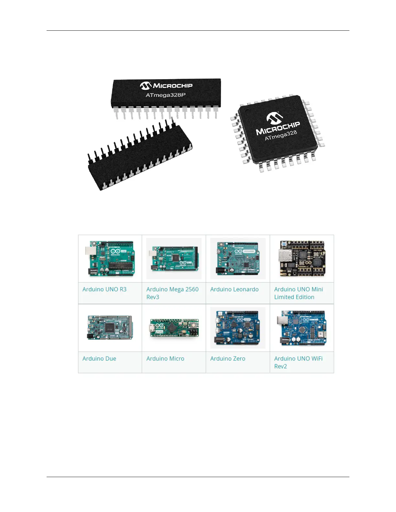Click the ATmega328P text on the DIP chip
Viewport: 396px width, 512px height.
pyautogui.click(x=165, y=95)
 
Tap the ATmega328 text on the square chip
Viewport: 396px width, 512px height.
pyautogui.click(x=281, y=135)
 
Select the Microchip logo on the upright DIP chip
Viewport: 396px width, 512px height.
pyautogui.click(x=166, y=85)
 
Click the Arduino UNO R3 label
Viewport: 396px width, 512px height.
pyautogui.click(x=104, y=289)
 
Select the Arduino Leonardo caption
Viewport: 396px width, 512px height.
pyautogui.click(x=234, y=289)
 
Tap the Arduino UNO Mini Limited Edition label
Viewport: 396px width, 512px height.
pyautogui.click(x=298, y=293)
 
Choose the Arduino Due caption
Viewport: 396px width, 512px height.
pyautogui.click(x=99, y=358)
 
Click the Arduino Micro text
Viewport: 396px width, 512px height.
pyautogui.click(x=165, y=358)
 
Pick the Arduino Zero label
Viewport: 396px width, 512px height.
pyautogui.click(x=227, y=358)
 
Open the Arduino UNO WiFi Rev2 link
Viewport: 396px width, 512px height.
pyautogui.click(x=298, y=362)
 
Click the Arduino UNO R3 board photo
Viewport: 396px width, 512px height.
pyautogui.click(x=110, y=258)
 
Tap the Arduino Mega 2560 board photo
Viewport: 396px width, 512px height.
pyautogui.click(x=174, y=259)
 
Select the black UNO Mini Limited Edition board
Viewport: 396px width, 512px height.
pyautogui.click(x=302, y=258)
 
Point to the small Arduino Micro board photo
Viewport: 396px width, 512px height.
pyautogui.click(x=174, y=328)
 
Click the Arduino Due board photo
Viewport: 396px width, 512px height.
pyautogui.click(x=110, y=327)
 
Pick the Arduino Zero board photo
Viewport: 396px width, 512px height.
pyautogui.click(x=238, y=328)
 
